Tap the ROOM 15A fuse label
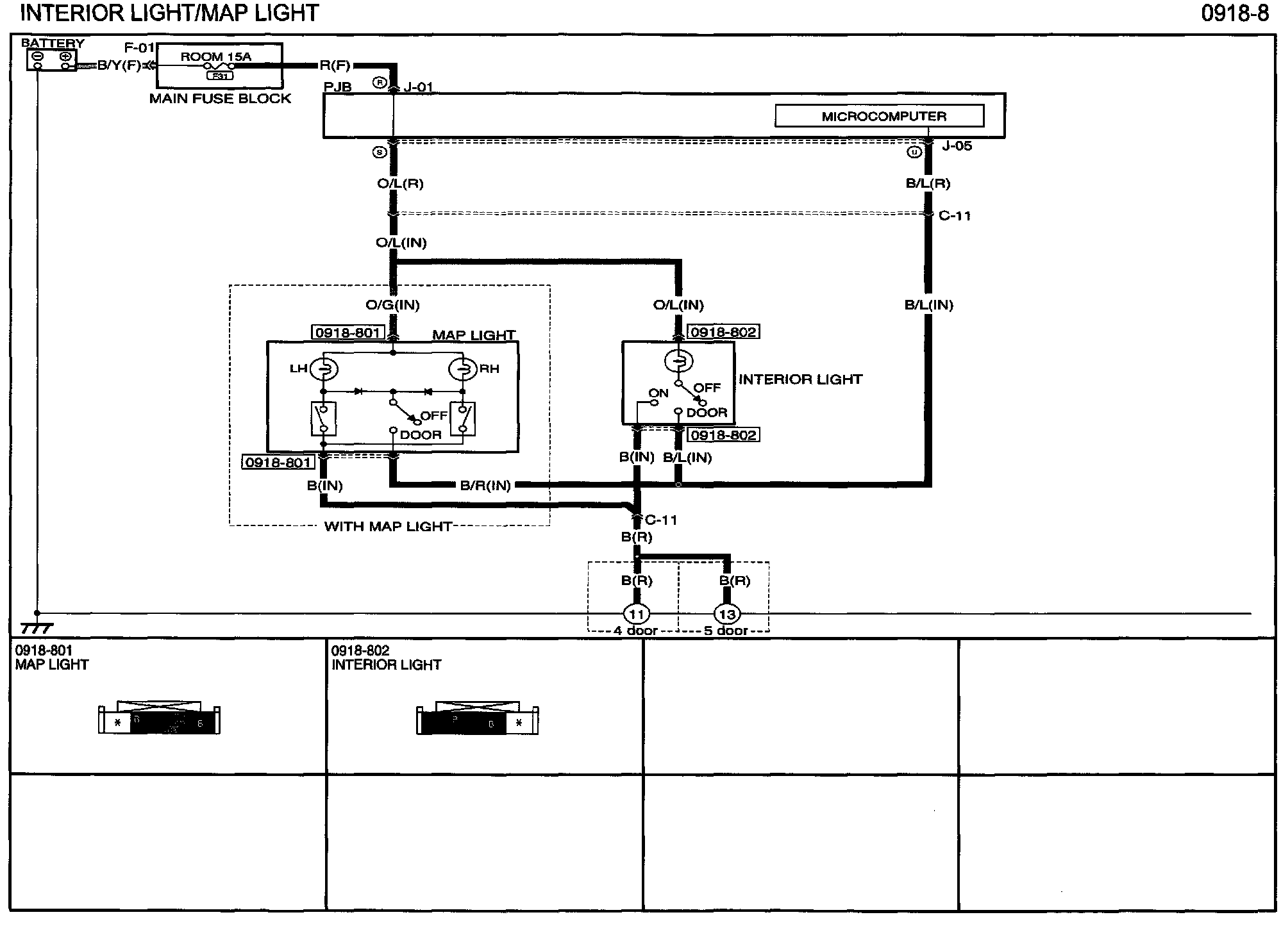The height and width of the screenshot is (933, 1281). (215, 56)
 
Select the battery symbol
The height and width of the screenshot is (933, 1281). (51, 60)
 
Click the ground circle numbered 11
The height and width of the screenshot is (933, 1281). (636, 614)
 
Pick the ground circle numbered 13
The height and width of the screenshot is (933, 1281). (727, 614)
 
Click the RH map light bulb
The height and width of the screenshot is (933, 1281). (462, 368)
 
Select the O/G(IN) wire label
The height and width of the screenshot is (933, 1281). (392, 305)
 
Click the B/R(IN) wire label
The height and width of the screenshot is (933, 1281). (485, 486)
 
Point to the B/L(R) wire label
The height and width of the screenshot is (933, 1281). (928, 183)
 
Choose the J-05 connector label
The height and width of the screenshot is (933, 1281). (957, 146)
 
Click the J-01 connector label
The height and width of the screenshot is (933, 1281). (419, 87)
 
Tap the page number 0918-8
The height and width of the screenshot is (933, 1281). (1234, 13)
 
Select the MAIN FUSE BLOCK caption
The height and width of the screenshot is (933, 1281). (220, 99)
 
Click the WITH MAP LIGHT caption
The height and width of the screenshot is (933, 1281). (388, 526)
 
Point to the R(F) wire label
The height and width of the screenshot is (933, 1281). (335, 65)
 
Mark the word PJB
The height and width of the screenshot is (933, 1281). (337, 87)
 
